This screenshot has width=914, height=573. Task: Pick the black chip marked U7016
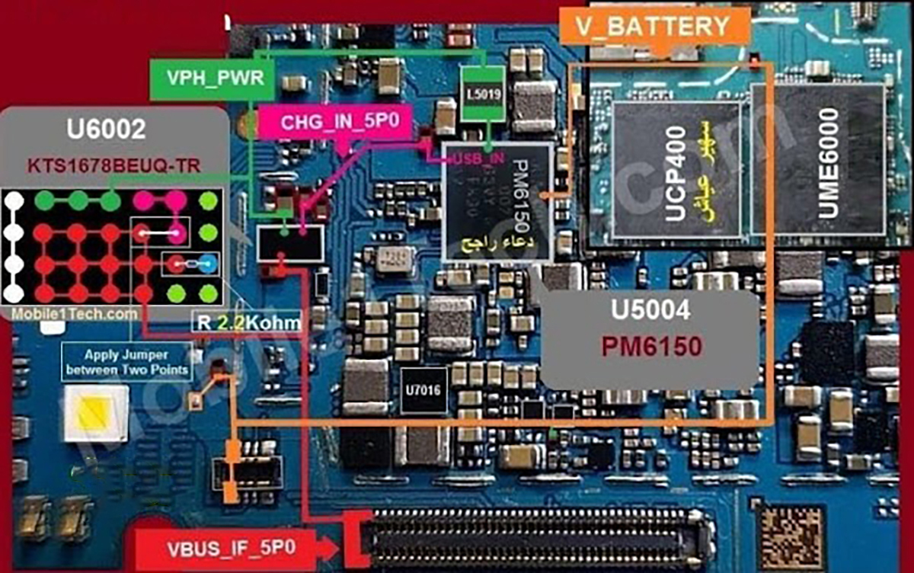click(x=424, y=389)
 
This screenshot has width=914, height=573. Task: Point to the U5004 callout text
click(x=650, y=310)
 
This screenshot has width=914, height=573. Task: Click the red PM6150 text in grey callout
click(x=650, y=347)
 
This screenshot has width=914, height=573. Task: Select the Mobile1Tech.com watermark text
click(x=74, y=313)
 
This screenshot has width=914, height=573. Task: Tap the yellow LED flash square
click(x=94, y=413)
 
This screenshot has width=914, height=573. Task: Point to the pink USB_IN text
click(x=478, y=158)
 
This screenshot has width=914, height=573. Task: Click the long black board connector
click(x=533, y=538)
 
